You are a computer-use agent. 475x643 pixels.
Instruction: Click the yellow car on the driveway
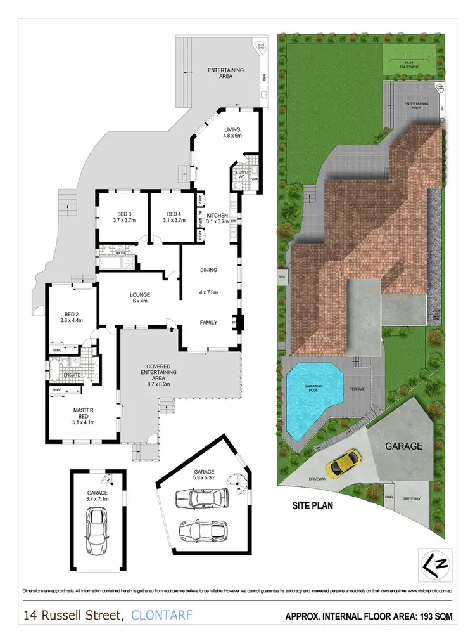[x=343, y=463]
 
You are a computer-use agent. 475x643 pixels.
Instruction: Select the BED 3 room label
[x=123, y=217]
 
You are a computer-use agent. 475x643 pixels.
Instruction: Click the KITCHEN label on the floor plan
[x=217, y=219]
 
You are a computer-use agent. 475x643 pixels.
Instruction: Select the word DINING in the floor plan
[x=208, y=270]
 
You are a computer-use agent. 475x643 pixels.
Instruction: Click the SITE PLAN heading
[x=313, y=507]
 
